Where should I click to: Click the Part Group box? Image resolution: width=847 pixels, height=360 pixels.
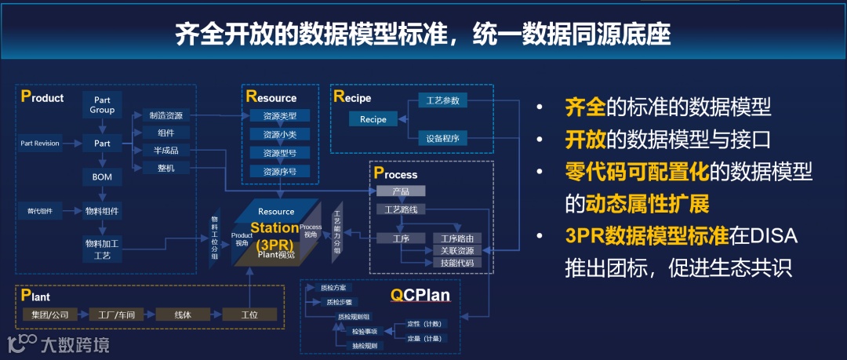(102, 105)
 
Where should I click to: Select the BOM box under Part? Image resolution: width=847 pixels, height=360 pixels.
(102, 176)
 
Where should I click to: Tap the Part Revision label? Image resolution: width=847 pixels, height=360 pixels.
(40, 144)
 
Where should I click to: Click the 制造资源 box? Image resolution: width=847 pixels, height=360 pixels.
(165, 115)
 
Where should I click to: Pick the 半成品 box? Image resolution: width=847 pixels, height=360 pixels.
(165, 150)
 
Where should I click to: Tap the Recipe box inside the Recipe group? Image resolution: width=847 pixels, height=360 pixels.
(373, 119)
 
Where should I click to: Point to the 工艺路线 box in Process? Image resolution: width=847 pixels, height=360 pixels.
(401, 209)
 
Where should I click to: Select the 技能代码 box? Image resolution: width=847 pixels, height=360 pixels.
(456, 263)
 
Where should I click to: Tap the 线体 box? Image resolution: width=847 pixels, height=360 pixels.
(181, 315)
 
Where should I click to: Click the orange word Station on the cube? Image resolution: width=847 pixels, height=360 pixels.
(274, 227)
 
